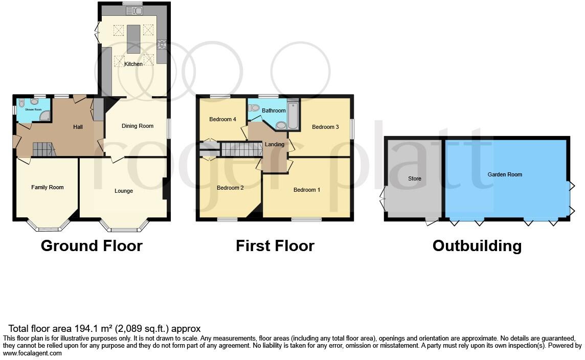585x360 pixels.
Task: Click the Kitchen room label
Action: [134, 64]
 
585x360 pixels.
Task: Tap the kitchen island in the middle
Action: [133, 39]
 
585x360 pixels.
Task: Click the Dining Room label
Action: [138, 126]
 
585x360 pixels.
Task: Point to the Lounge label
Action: [124, 191]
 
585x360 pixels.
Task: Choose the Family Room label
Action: [48, 187]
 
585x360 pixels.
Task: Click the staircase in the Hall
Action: [44, 149]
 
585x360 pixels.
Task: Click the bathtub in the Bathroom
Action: [293, 116]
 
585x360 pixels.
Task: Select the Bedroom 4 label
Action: [222, 119]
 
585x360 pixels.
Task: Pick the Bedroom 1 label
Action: [307, 190]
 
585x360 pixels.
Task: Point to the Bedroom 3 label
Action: [326, 127]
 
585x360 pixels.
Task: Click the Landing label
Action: [275, 144]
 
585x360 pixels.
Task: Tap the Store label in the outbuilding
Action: [414, 178]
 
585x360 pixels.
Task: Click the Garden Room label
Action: [505, 174]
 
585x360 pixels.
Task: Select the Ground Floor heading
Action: [92, 246]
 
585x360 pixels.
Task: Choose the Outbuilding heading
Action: [477, 246]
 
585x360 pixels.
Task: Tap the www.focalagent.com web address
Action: [32, 353]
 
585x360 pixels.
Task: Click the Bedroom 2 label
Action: [230, 188]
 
